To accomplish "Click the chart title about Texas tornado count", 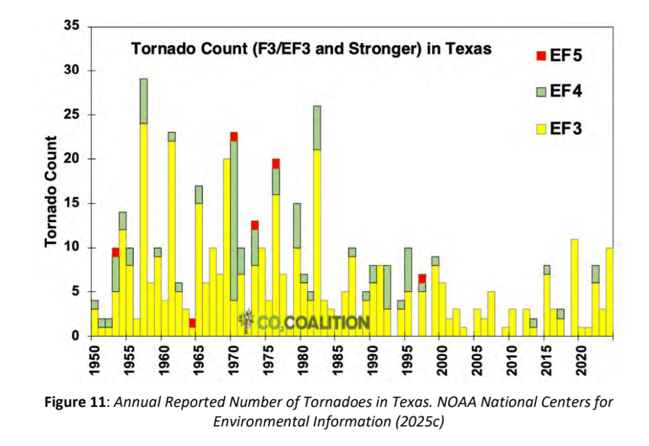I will pyautogui.click(x=311, y=48).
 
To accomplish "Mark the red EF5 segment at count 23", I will pyautogui.click(x=234, y=136).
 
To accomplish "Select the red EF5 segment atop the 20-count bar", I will pyautogui.click(x=276, y=163).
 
